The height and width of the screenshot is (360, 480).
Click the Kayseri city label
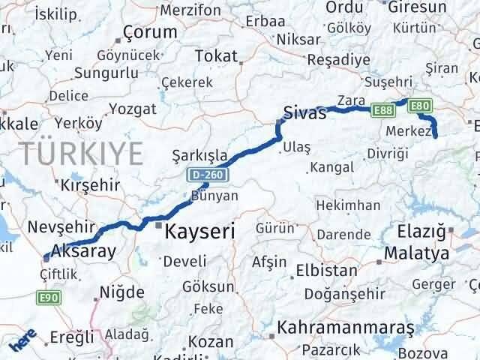[x=199, y=232]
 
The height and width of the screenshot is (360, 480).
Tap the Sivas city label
[x=305, y=114]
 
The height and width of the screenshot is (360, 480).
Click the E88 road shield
[x=382, y=109]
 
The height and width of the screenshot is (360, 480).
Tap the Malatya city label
[x=415, y=254]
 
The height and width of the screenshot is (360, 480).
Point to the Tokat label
[x=215, y=55]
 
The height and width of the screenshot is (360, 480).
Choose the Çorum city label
[x=150, y=32]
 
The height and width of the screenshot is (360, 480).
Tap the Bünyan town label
[x=214, y=196]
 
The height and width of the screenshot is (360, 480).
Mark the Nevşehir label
[x=59, y=226]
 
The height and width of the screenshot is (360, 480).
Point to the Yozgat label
[x=133, y=109]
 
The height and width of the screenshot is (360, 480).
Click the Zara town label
[x=350, y=100]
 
